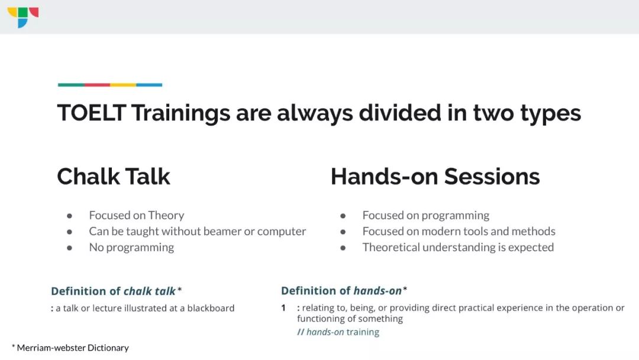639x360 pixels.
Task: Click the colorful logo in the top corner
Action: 23,17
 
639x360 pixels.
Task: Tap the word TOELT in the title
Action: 92,113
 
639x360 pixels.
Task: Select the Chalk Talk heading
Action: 114,176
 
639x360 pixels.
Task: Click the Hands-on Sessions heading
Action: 435,176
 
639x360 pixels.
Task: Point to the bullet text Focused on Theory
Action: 137,216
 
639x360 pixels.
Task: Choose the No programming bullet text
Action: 131,247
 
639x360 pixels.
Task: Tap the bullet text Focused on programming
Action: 426,216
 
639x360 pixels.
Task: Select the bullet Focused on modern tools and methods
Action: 459,231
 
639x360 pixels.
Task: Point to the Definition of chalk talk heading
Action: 116,291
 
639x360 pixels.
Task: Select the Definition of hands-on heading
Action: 344,291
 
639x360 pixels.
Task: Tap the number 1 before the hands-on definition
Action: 283,308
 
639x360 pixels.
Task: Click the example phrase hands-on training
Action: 343,332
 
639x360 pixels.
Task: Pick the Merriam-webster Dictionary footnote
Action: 70,348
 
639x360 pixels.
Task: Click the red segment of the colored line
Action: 97,85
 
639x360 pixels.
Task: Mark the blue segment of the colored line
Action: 149,85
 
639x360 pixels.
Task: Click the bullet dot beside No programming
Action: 70,248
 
